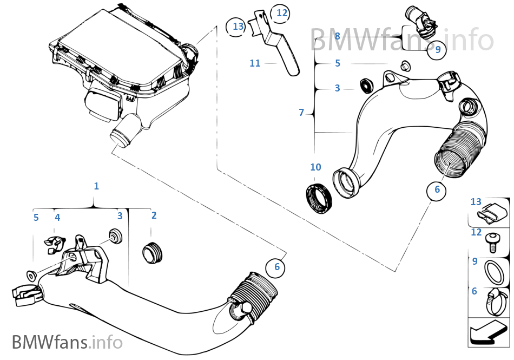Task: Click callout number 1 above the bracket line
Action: point(96,186)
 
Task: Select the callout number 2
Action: point(154,215)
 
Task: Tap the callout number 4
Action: point(57,218)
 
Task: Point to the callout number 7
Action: point(301,113)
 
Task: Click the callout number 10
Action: point(315,167)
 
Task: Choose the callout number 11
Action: point(255,63)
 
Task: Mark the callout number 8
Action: point(337,36)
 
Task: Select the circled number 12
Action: point(282,13)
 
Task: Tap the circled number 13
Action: point(238,26)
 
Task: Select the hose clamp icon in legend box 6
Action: point(493,301)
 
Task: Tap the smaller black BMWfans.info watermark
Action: point(67,342)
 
